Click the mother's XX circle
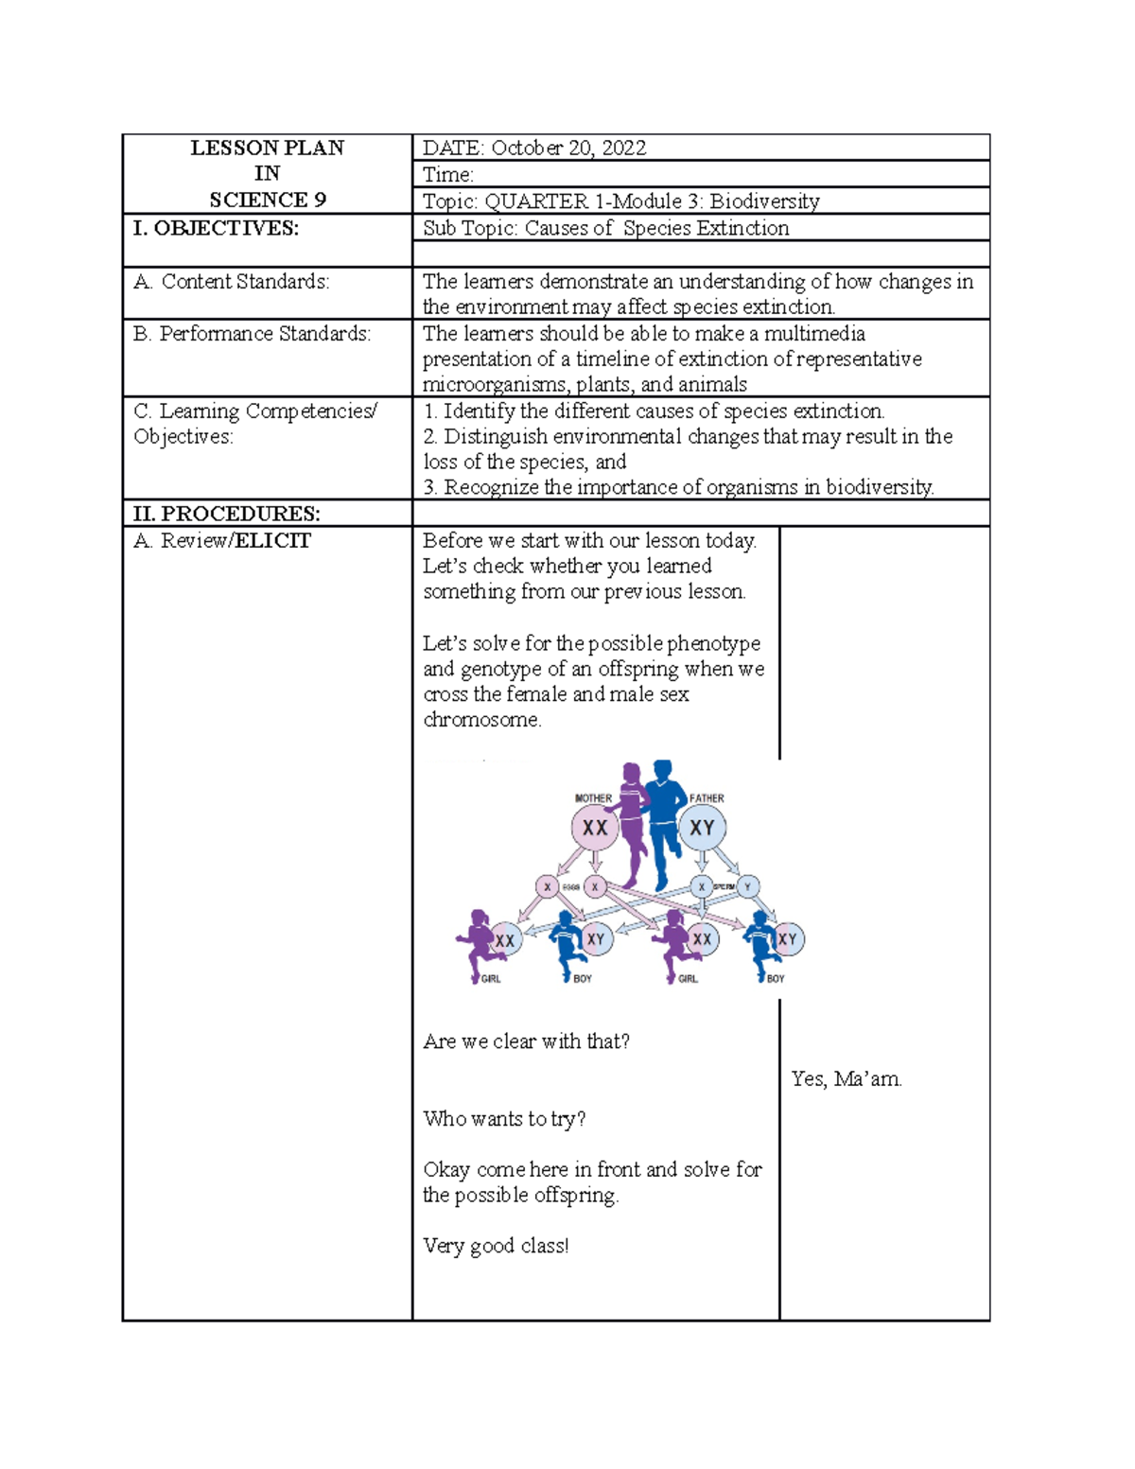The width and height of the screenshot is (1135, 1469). pyautogui.click(x=594, y=828)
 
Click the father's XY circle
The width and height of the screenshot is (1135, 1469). pyautogui.click(x=702, y=828)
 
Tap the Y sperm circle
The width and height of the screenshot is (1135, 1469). pyautogui.click(x=748, y=887)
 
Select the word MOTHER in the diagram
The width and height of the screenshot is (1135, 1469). pyautogui.click(x=593, y=798)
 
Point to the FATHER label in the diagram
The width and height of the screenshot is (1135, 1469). pyautogui.click(x=707, y=798)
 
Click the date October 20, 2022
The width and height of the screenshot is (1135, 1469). pyautogui.click(x=568, y=148)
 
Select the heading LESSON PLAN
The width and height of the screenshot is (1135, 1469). pyautogui.click(x=267, y=148)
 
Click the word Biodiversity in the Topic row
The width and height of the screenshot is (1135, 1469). pyautogui.click(x=764, y=201)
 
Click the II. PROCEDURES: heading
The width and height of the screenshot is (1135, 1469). pyautogui.click(x=227, y=514)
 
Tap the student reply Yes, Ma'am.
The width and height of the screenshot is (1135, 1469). pyautogui.click(x=847, y=1078)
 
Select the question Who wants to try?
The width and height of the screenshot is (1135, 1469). pyautogui.click(x=504, y=1119)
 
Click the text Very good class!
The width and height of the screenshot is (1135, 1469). pyautogui.click(x=496, y=1246)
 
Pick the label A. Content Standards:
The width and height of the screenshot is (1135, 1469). pyautogui.click(x=232, y=281)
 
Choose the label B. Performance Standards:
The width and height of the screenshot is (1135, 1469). pyautogui.click(x=253, y=333)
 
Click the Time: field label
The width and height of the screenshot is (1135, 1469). pyautogui.click(x=448, y=174)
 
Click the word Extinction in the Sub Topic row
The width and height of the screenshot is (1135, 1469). pyautogui.click(x=742, y=228)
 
